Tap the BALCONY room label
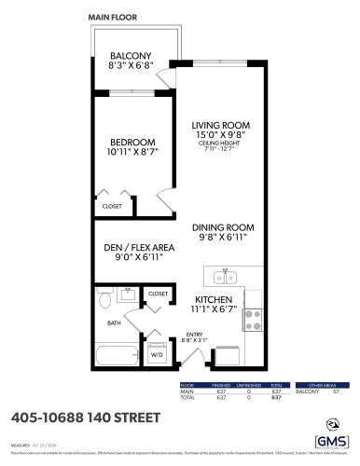pyautogui.click(x=131, y=55)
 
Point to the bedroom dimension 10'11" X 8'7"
pyautogui.click(x=132, y=153)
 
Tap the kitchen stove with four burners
pyautogui.click(x=253, y=321)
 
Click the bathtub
pyautogui.click(x=117, y=355)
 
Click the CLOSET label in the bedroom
pyautogui.click(x=112, y=206)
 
